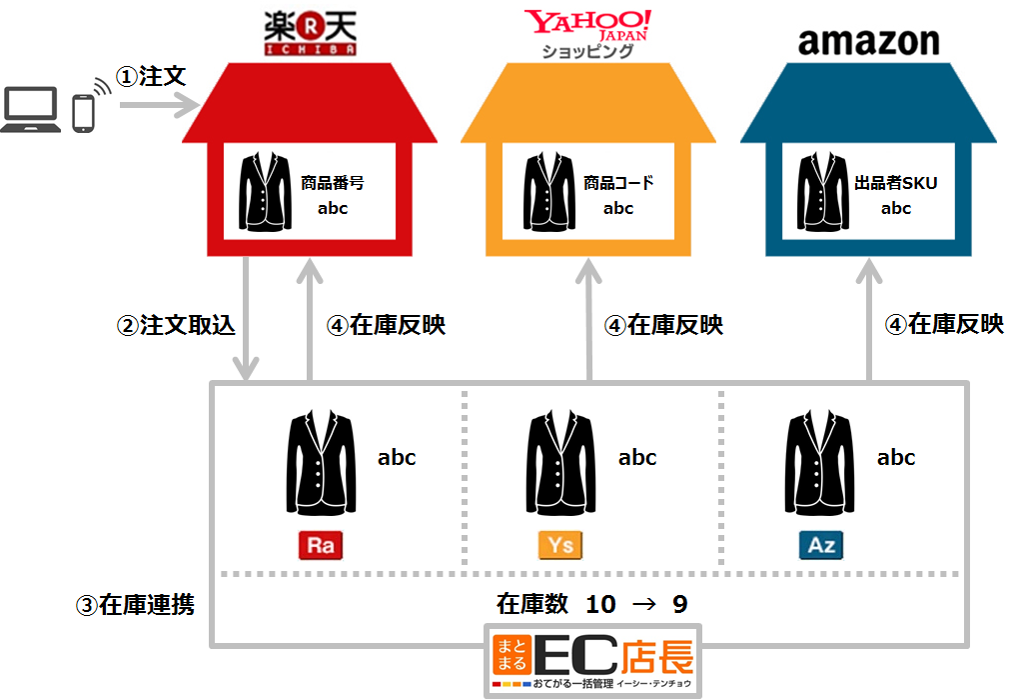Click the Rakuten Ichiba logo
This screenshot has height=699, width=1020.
[x=311, y=32]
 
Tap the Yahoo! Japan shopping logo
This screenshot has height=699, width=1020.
[x=587, y=32]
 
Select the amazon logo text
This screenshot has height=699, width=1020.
[x=868, y=41]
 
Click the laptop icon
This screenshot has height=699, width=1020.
[x=33, y=111]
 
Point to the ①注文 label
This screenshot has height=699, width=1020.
[x=151, y=77]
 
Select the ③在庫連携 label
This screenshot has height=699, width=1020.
[x=135, y=605]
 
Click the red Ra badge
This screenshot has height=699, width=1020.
[x=321, y=545]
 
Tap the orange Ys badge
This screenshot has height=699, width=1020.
[x=561, y=545]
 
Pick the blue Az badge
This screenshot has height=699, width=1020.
[x=821, y=545]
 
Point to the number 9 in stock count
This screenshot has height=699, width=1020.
[x=679, y=605]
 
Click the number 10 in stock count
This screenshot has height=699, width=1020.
[x=601, y=605]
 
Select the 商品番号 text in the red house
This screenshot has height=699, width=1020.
[x=332, y=184]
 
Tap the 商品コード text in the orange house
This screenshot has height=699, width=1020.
[x=618, y=184]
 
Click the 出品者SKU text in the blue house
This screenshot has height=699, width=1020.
[x=896, y=183]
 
